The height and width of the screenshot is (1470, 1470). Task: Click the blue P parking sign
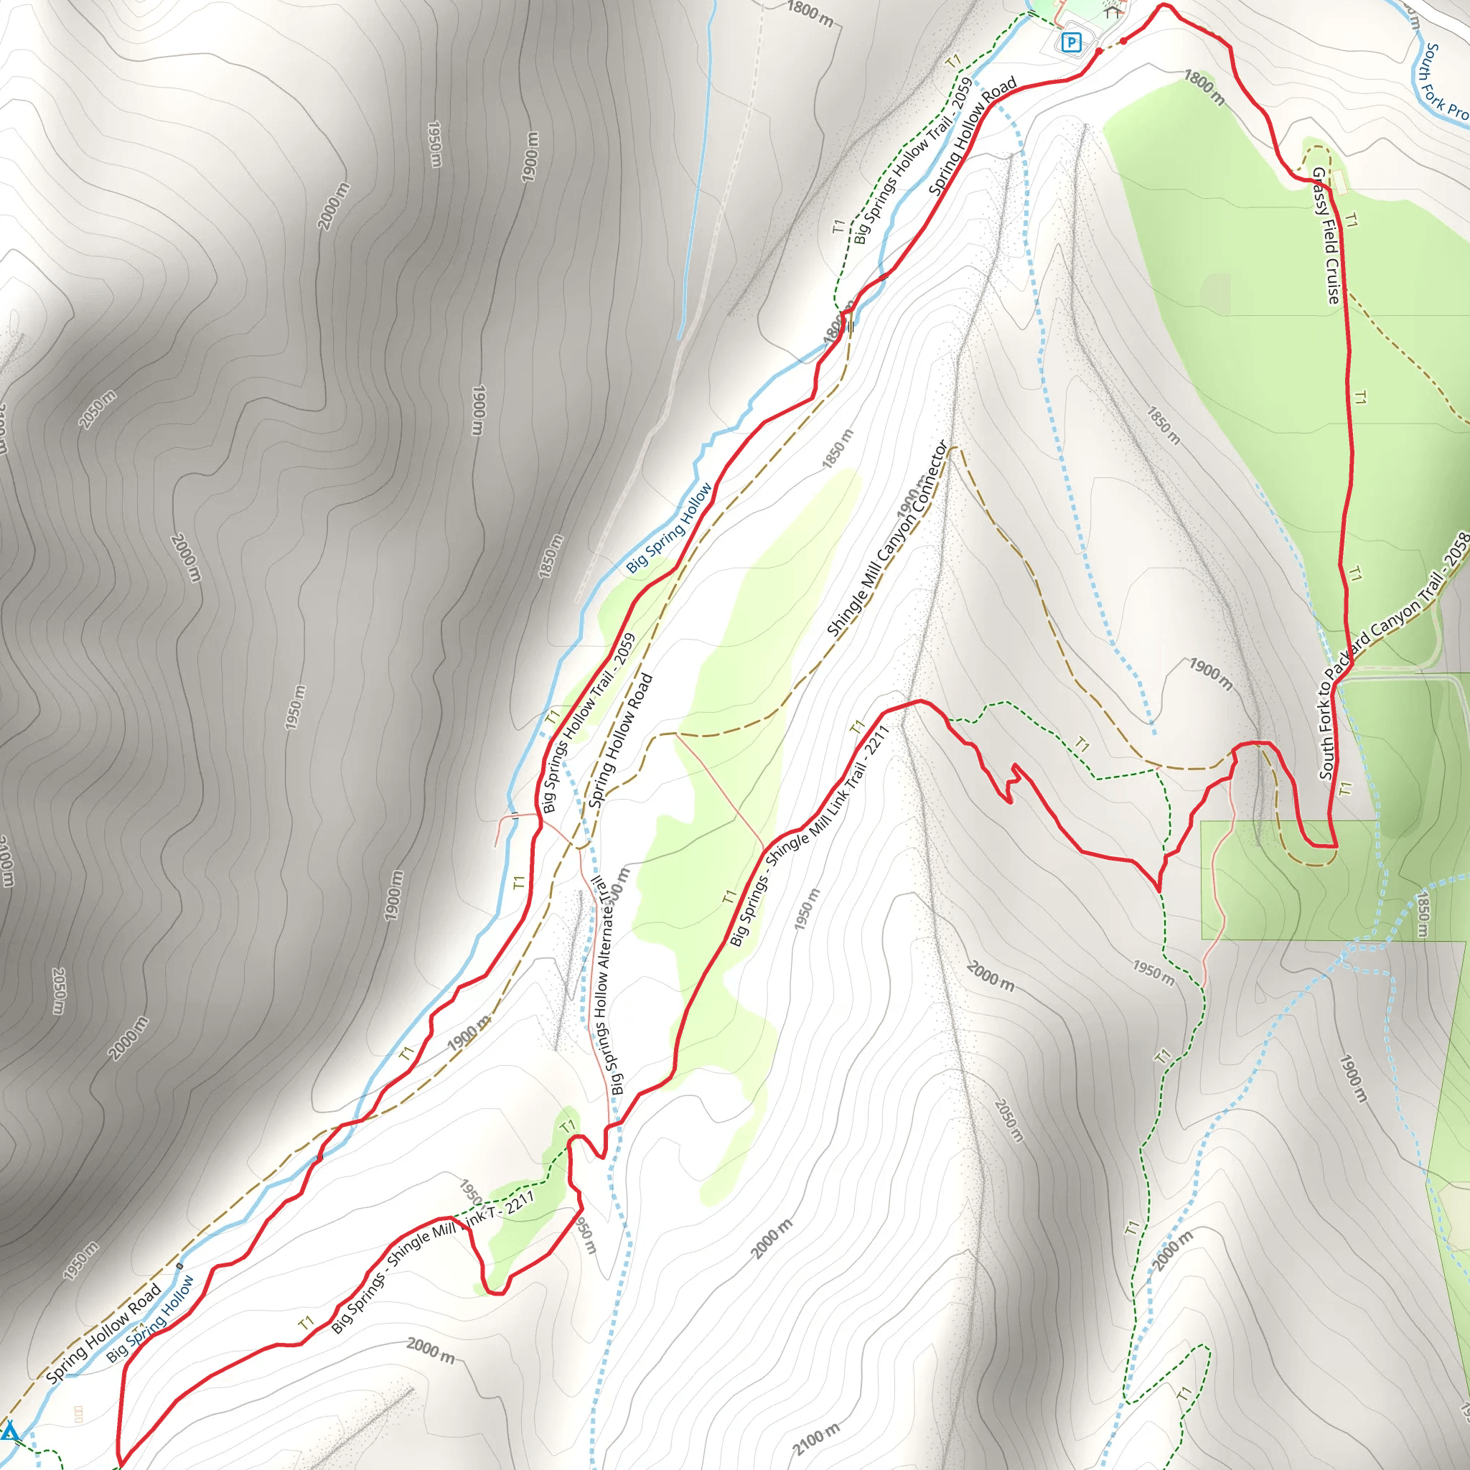click(x=1072, y=42)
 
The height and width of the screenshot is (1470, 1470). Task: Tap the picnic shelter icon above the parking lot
click(x=1113, y=11)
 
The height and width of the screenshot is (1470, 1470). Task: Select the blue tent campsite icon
click(x=9, y=1431)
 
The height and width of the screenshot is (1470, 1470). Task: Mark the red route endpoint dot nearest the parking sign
click(x=1099, y=51)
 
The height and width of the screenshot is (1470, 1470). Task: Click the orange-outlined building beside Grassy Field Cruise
click(x=1339, y=181)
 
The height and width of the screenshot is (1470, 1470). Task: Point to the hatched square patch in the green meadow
click(x=1215, y=294)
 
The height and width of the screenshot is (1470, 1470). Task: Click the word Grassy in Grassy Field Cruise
click(x=1321, y=191)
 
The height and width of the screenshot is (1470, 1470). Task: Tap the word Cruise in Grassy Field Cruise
click(x=1332, y=281)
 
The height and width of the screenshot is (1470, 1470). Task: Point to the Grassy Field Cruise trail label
click(x=1328, y=237)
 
